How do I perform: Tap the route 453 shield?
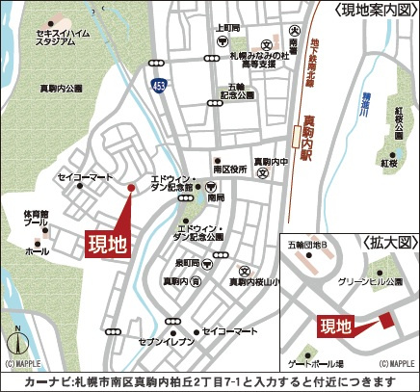156,87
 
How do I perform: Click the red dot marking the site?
131,188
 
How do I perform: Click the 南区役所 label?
230,169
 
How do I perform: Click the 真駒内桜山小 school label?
255,282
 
